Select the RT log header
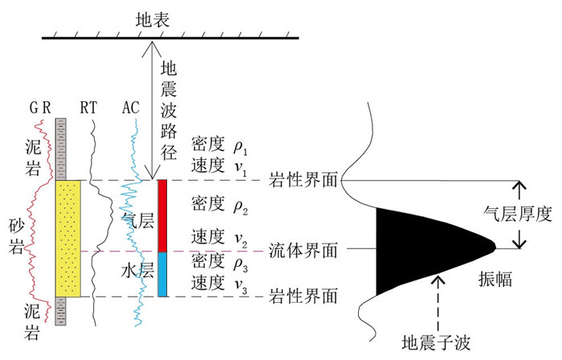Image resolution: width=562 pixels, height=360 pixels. pos(91,106)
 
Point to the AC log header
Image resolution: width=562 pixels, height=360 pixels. pos(132,106)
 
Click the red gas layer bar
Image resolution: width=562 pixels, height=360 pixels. pos(162,215)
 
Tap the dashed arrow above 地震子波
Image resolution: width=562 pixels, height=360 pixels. pos(437,301)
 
